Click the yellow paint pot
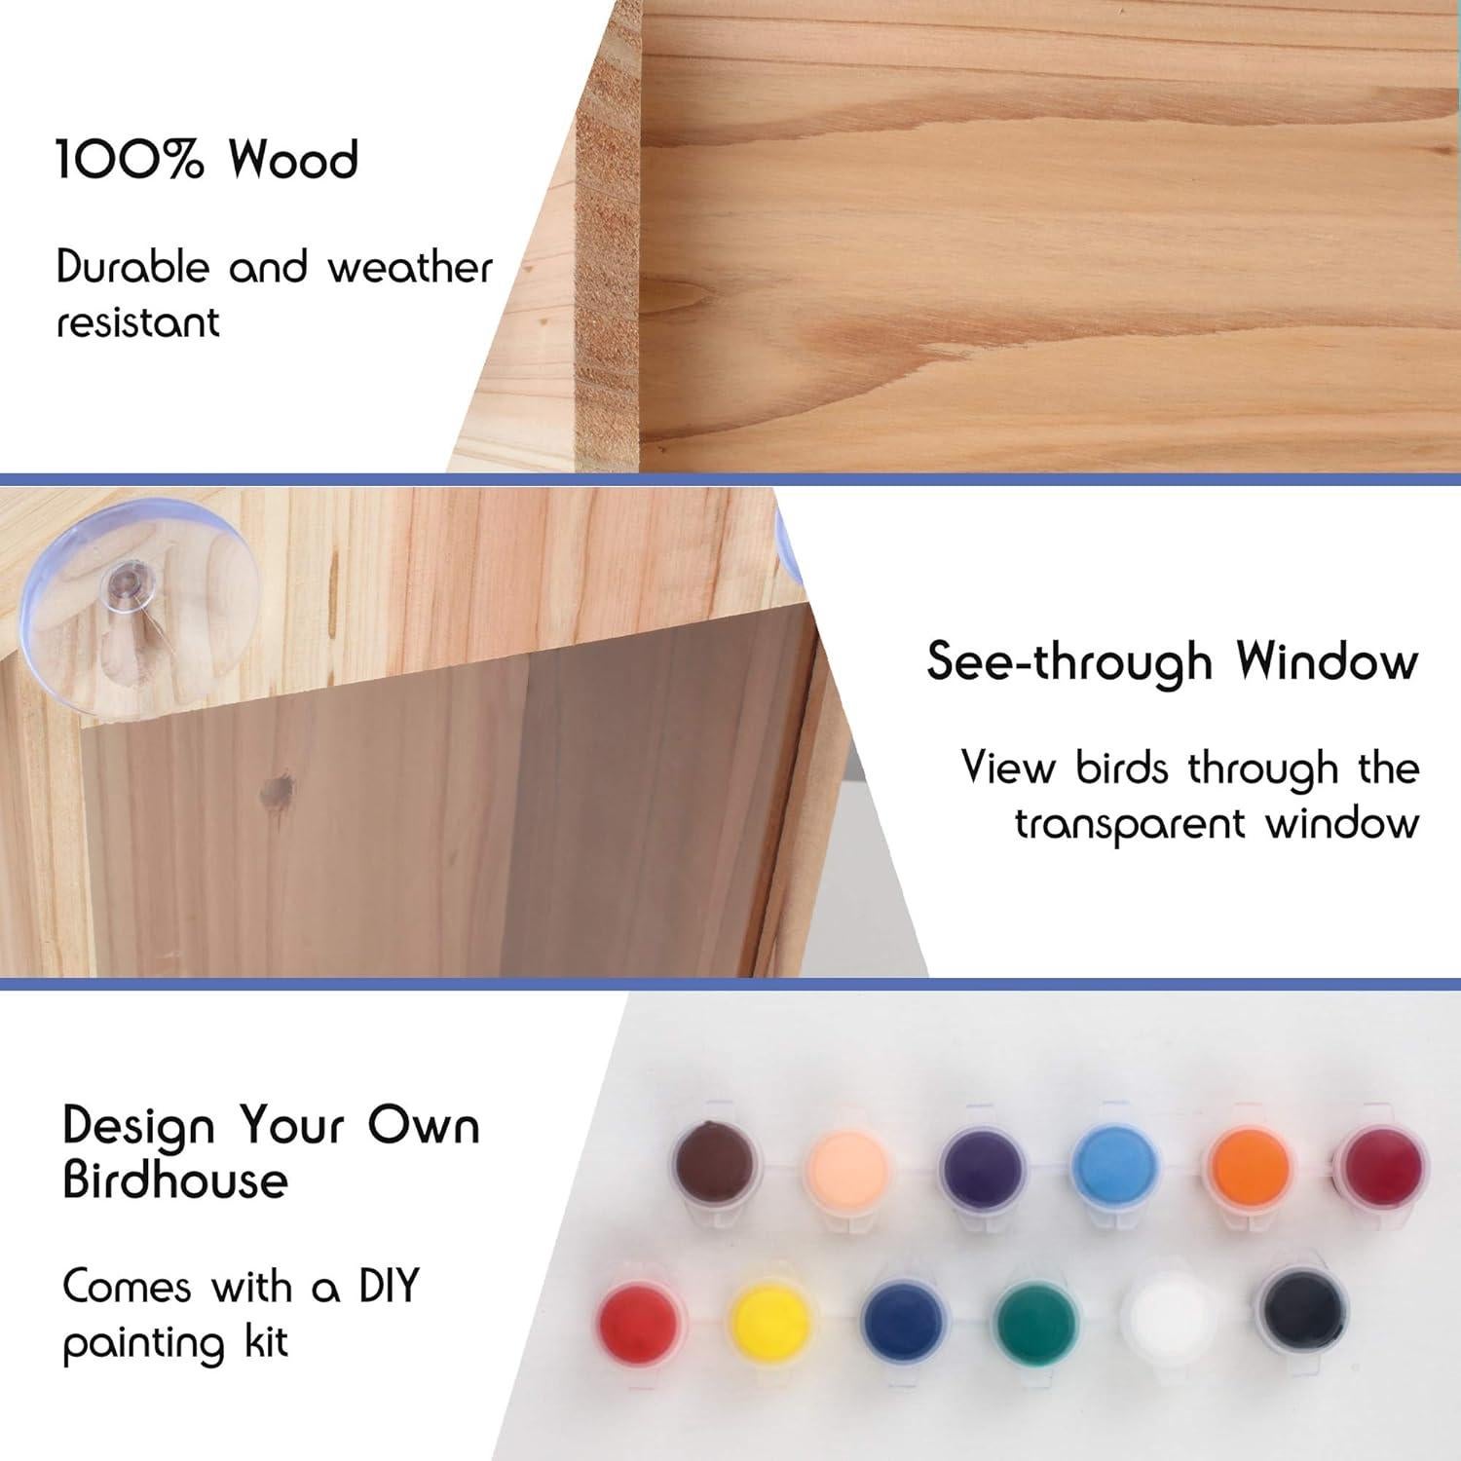pos(770,1322)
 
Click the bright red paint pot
pos(638,1323)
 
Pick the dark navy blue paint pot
pos(902,1323)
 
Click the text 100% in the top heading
pos(129,160)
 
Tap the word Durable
pos(132,267)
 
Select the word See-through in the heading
pos(1068,662)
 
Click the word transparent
pos(1130,825)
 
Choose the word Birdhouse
pos(175,1180)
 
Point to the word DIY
pos(389,1287)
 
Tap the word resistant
pos(137,322)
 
